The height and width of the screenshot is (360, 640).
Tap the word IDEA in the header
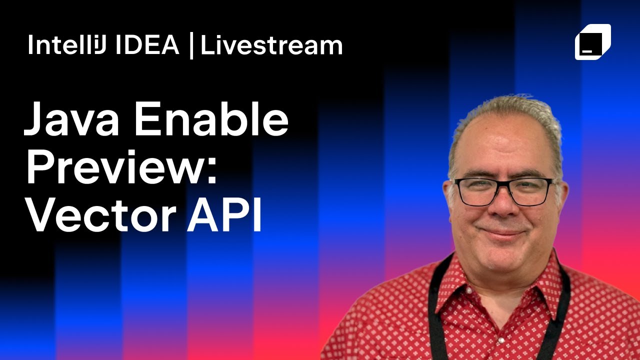point(147,45)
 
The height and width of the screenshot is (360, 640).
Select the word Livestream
point(271,45)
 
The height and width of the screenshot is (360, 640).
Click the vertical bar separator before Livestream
point(191,46)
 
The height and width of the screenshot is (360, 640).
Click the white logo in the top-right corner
point(593,41)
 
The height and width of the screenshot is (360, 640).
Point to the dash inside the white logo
point(585,51)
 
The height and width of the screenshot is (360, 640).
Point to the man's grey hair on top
point(505,107)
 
